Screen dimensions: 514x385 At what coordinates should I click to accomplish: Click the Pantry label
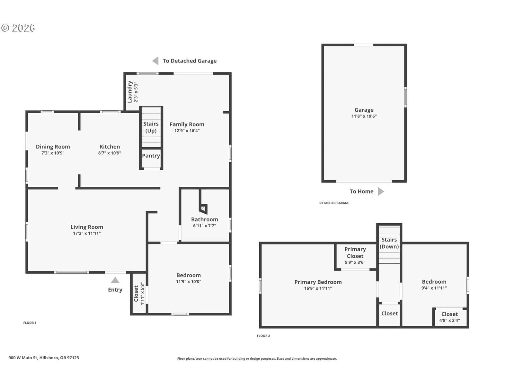coord(151,156)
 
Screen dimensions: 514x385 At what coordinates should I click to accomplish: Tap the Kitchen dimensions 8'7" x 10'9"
coord(110,153)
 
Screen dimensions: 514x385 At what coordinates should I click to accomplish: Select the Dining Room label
coord(53,147)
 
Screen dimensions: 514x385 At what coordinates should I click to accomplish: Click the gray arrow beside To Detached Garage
coord(155,61)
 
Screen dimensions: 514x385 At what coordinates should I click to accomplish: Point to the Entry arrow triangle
coord(115,280)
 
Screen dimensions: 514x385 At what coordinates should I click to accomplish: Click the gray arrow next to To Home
coord(381,192)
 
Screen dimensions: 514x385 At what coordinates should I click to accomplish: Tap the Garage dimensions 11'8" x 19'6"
coord(364,116)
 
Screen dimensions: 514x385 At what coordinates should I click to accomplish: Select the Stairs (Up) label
coord(151,127)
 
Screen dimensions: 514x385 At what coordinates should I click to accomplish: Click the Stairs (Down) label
coord(389,243)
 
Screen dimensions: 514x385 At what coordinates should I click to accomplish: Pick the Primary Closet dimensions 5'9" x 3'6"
coord(355,262)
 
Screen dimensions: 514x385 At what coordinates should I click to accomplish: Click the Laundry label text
coord(130,92)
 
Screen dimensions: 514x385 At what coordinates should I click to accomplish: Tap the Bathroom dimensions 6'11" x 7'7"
coord(204,226)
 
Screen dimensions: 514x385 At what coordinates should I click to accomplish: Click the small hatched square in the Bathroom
coord(203,208)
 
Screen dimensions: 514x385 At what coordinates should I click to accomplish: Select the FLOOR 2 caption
coord(263,336)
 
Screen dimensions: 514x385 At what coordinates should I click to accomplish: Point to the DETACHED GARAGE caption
coord(334,203)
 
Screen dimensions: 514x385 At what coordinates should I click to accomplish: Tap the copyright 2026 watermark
coord(18,28)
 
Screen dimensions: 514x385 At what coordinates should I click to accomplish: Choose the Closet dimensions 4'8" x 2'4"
coord(450,321)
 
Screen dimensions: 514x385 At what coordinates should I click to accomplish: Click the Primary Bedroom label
coord(318,282)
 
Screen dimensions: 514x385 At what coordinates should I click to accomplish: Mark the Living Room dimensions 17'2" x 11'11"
coord(87,233)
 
